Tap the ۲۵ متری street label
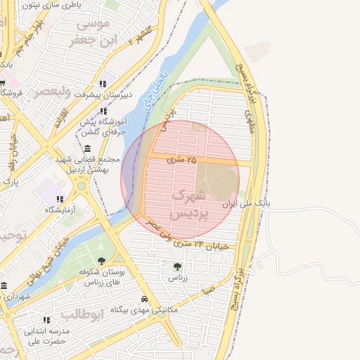(182, 160)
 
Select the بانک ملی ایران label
(245, 204)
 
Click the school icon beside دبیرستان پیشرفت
(103, 84)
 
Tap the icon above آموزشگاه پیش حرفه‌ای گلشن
(104, 111)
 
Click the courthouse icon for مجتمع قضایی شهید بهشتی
(86, 148)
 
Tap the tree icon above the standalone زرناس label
(176, 266)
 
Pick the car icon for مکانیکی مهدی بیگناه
(144, 299)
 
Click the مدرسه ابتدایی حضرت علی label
(47, 336)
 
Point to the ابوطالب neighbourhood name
(82, 314)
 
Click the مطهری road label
(248, 121)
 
